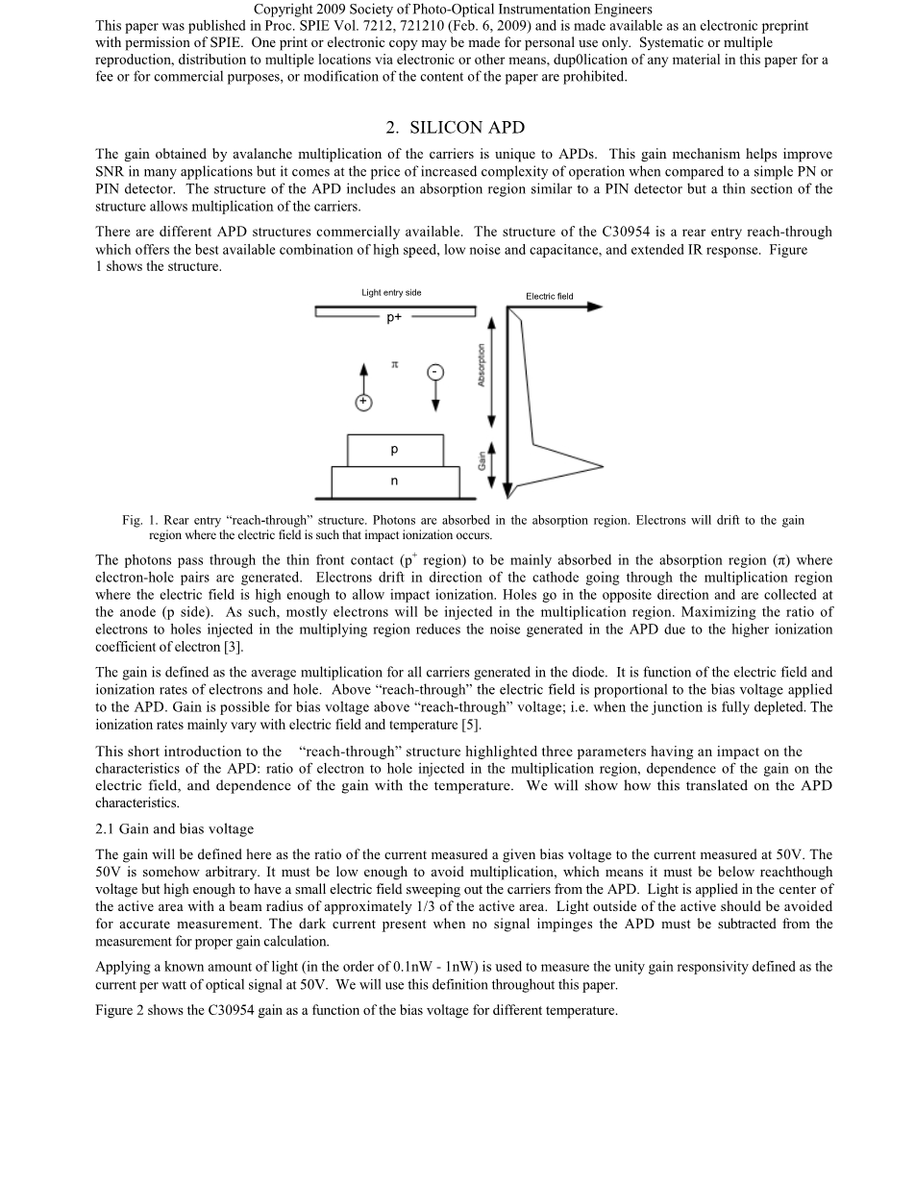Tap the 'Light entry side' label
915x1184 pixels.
click(391, 292)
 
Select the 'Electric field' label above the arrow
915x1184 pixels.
click(549, 296)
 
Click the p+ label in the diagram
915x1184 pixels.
click(394, 318)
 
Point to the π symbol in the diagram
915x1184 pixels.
click(394, 364)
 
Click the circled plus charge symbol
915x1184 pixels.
click(363, 403)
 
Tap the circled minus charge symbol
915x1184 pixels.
click(435, 372)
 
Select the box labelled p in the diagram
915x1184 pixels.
click(395, 450)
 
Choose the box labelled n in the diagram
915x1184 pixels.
click(395, 481)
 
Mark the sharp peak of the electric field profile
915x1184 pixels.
click(602, 467)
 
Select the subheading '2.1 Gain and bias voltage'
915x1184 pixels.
click(175, 829)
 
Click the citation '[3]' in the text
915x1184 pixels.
click(234, 647)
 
